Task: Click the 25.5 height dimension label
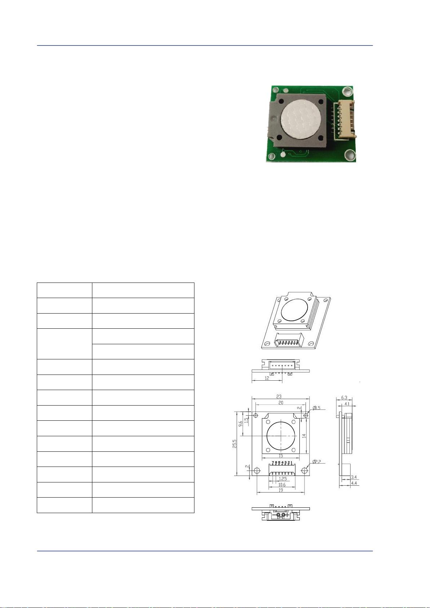(235, 443)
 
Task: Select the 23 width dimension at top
(279, 396)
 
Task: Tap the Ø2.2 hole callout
(317, 462)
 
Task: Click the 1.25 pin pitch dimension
(283, 479)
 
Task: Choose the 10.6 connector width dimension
(281, 485)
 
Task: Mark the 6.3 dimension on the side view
(344, 398)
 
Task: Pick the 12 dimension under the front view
(267, 378)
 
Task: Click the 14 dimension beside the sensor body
(304, 436)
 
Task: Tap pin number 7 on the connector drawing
(273, 463)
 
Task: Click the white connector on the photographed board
(344, 120)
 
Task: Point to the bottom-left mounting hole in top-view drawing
(257, 471)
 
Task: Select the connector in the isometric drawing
(290, 341)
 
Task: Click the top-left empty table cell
(64, 290)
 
